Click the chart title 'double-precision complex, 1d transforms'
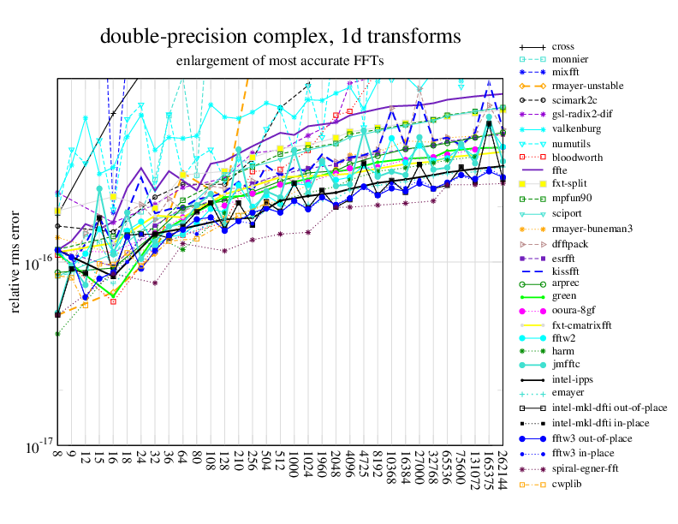280,36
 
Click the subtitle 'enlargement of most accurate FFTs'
280,61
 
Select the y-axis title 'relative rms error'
16,260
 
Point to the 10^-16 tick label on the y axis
37,263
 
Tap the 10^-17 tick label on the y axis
37,447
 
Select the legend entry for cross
562,45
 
